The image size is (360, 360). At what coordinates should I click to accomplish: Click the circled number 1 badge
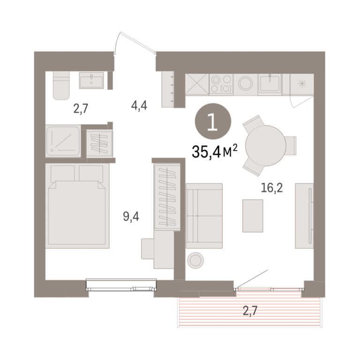click(213, 121)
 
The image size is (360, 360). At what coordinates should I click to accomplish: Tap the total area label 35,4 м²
click(214, 151)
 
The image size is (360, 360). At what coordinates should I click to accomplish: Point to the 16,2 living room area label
click(272, 188)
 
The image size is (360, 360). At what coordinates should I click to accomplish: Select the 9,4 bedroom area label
click(131, 217)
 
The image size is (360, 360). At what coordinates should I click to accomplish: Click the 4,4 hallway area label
click(139, 105)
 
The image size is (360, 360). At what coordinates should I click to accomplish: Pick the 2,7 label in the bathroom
click(81, 108)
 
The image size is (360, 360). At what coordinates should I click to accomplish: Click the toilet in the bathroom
click(61, 85)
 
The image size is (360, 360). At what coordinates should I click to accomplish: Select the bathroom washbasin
click(91, 80)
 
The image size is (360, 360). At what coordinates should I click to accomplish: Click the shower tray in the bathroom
click(63, 141)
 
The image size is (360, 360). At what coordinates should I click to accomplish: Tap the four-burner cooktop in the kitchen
click(221, 84)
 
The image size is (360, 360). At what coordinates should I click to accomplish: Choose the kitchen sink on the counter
click(270, 83)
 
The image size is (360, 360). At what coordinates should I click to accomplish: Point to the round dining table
click(266, 146)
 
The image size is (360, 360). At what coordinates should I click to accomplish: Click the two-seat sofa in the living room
click(204, 216)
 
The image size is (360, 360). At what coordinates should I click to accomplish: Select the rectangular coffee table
click(253, 216)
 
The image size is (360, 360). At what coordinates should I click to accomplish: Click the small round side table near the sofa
click(195, 260)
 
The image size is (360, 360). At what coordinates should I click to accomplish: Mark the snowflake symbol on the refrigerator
click(302, 84)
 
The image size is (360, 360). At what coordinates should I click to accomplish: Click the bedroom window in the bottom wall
click(121, 285)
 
